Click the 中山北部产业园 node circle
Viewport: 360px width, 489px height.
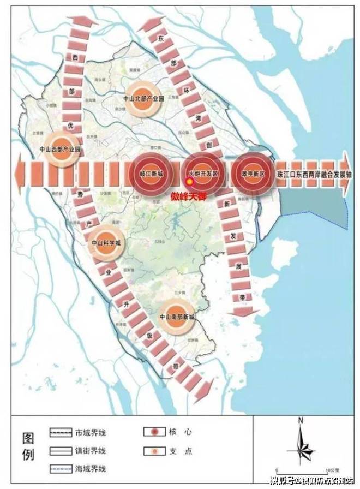point(144,100)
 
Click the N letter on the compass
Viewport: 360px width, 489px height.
point(301,420)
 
